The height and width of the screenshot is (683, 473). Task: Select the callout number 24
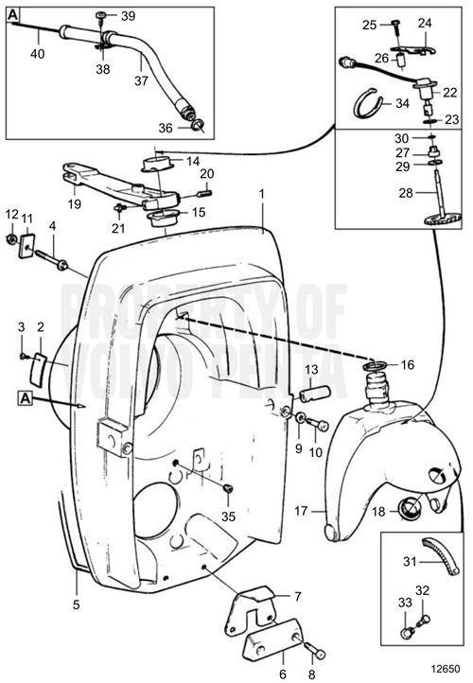(424, 22)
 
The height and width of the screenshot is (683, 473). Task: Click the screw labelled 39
(100, 16)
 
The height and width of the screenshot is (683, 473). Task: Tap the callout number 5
(76, 603)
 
